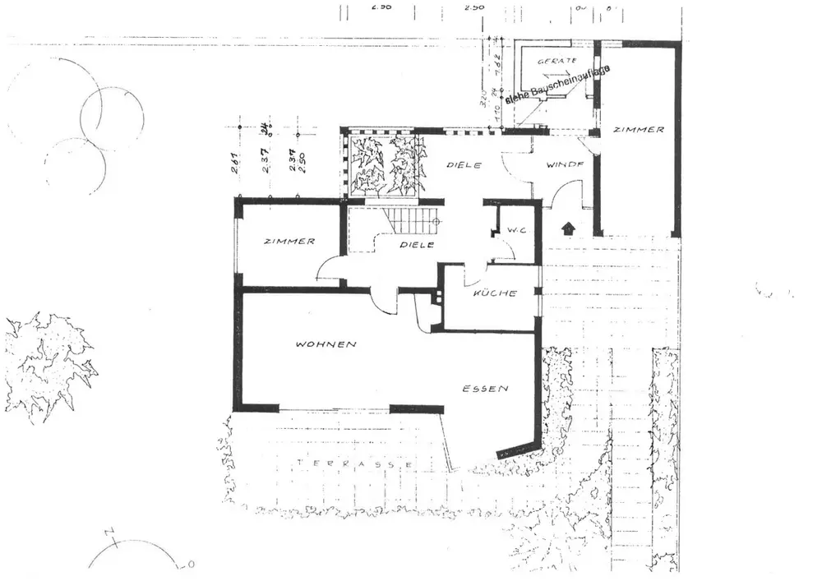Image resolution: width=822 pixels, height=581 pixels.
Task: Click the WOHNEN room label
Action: pyautogui.click(x=326, y=344)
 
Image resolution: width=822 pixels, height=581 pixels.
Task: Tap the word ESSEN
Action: pyautogui.click(x=485, y=389)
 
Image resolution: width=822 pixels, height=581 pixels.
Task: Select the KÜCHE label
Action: pyautogui.click(x=496, y=293)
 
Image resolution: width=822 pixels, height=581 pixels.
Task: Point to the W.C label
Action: pyautogui.click(x=517, y=231)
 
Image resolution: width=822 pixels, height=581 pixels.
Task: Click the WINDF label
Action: pyautogui.click(x=566, y=164)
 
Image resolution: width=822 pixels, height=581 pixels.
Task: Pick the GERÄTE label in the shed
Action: pyautogui.click(x=556, y=61)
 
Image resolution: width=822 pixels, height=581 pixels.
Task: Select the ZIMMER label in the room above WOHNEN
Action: pyautogui.click(x=289, y=242)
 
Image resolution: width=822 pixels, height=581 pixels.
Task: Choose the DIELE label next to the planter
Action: pyautogui.click(x=463, y=165)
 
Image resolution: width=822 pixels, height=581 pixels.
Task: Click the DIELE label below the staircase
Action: pyautogui.click(x=416, y=245)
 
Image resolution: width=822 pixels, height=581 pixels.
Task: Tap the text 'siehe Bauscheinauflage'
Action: pyautogui.click(x=557, y=85)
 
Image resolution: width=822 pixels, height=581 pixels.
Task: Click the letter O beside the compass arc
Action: pyautogui.click(x=190, y=565)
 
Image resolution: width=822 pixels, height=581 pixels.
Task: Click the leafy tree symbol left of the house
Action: pyautogui.click(x=49, y=366)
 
